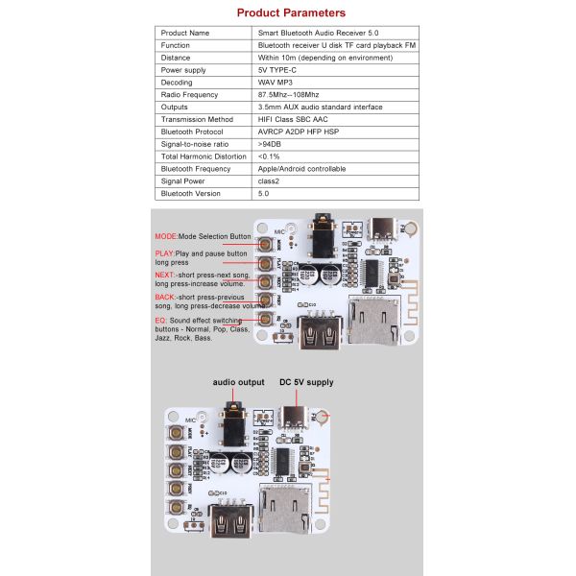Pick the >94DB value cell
[272, 144]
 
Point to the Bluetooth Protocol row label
[192, 132]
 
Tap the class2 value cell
[270, 181]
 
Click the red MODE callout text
[167, 235]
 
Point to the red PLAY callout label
[165, 253]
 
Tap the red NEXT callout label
[165, 275]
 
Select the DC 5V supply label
[306, 382]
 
